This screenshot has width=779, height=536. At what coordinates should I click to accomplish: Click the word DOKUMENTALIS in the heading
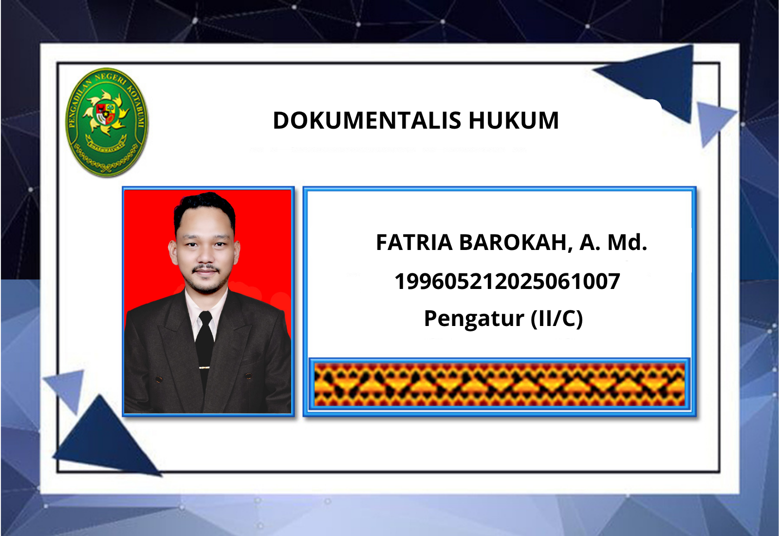(367, 120)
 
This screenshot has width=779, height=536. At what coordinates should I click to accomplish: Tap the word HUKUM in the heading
(514, 120)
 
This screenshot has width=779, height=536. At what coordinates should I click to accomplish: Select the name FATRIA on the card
(414, 242)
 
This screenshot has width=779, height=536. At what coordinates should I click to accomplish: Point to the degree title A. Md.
(613, 242)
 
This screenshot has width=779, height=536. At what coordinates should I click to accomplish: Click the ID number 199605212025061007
(507, 281)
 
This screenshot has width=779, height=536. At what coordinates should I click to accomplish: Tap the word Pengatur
(474, 319)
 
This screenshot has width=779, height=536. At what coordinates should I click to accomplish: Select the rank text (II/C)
(556, 319)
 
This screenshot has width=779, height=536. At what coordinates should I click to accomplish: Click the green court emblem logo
(107, 122)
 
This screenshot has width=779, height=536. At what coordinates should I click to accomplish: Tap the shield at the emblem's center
(105, 114)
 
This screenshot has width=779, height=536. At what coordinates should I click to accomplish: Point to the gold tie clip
(204, 367)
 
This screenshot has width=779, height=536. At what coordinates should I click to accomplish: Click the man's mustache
(206, 268)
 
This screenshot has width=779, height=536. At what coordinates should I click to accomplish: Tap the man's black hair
(205, 209)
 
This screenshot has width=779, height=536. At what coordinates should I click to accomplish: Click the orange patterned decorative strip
(500, 384)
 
